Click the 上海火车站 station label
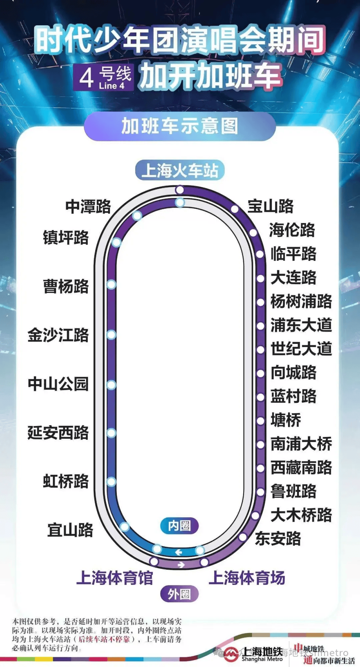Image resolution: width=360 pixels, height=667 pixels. click(x=180, y=170)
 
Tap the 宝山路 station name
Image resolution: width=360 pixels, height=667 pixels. click(x=270, y=206)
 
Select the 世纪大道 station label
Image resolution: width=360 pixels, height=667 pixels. click(x=301, y=349)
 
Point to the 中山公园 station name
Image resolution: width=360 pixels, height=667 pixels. click(x=58, y=384)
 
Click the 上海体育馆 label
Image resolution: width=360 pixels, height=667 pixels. click(x=114, y=578)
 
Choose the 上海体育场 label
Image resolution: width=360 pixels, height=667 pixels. click(x=247, y=578)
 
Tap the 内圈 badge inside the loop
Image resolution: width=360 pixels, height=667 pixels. click(x=179, y=526)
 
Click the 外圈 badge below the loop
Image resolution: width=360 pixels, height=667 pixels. click(x=179, y=594)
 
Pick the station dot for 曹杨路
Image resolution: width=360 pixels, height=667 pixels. click(x=111, y=285)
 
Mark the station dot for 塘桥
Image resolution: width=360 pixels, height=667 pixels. click(x=261, y=421)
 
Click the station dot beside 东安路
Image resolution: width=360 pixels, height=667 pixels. click(x=243, y=537)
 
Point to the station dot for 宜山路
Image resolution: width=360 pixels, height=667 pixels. click(x=124, y=527)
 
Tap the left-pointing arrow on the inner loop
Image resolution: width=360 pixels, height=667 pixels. click(x=179, y=552)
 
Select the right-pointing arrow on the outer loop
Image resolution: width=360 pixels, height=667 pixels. click(x=181, y=565)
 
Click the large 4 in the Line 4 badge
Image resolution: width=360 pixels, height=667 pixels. click(x=86, y=78)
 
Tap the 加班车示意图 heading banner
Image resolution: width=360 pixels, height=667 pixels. click(x=180, y=126)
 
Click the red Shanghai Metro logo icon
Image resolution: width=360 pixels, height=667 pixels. click(x=231, y=654)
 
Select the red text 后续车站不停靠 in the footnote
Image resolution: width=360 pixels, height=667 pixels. click(x=104, y=639)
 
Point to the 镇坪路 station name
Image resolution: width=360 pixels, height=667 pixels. click(x=66, y=238)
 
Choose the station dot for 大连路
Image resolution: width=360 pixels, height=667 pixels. click(x=261, y=278)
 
